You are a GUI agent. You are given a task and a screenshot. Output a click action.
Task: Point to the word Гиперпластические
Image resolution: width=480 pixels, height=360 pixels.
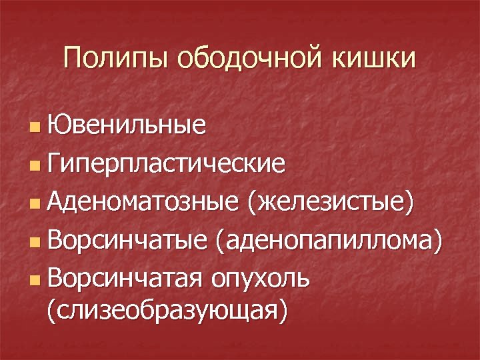click(167, 162)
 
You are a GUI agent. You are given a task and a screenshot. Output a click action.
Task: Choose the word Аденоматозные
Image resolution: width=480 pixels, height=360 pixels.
click(143, 199)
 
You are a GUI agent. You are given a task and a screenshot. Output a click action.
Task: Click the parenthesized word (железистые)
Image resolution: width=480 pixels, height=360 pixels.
click(330, 199)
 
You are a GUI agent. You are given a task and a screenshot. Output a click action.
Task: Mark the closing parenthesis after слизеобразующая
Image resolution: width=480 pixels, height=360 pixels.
click(285, 311)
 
